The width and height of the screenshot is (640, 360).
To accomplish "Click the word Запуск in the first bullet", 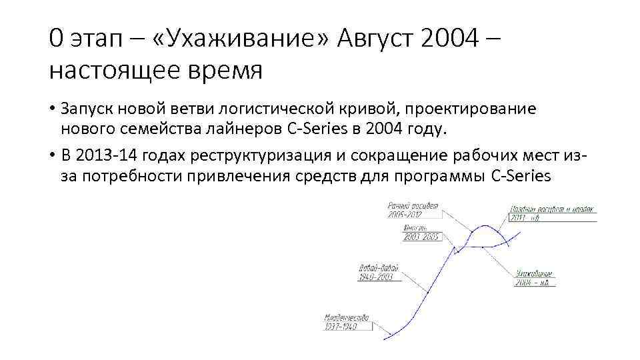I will (83, 108).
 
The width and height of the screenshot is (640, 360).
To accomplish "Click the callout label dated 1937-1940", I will (345, 322).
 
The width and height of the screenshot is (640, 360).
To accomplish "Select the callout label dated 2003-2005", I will (421, 233).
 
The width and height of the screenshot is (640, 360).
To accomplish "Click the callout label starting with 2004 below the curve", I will (534, 278).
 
